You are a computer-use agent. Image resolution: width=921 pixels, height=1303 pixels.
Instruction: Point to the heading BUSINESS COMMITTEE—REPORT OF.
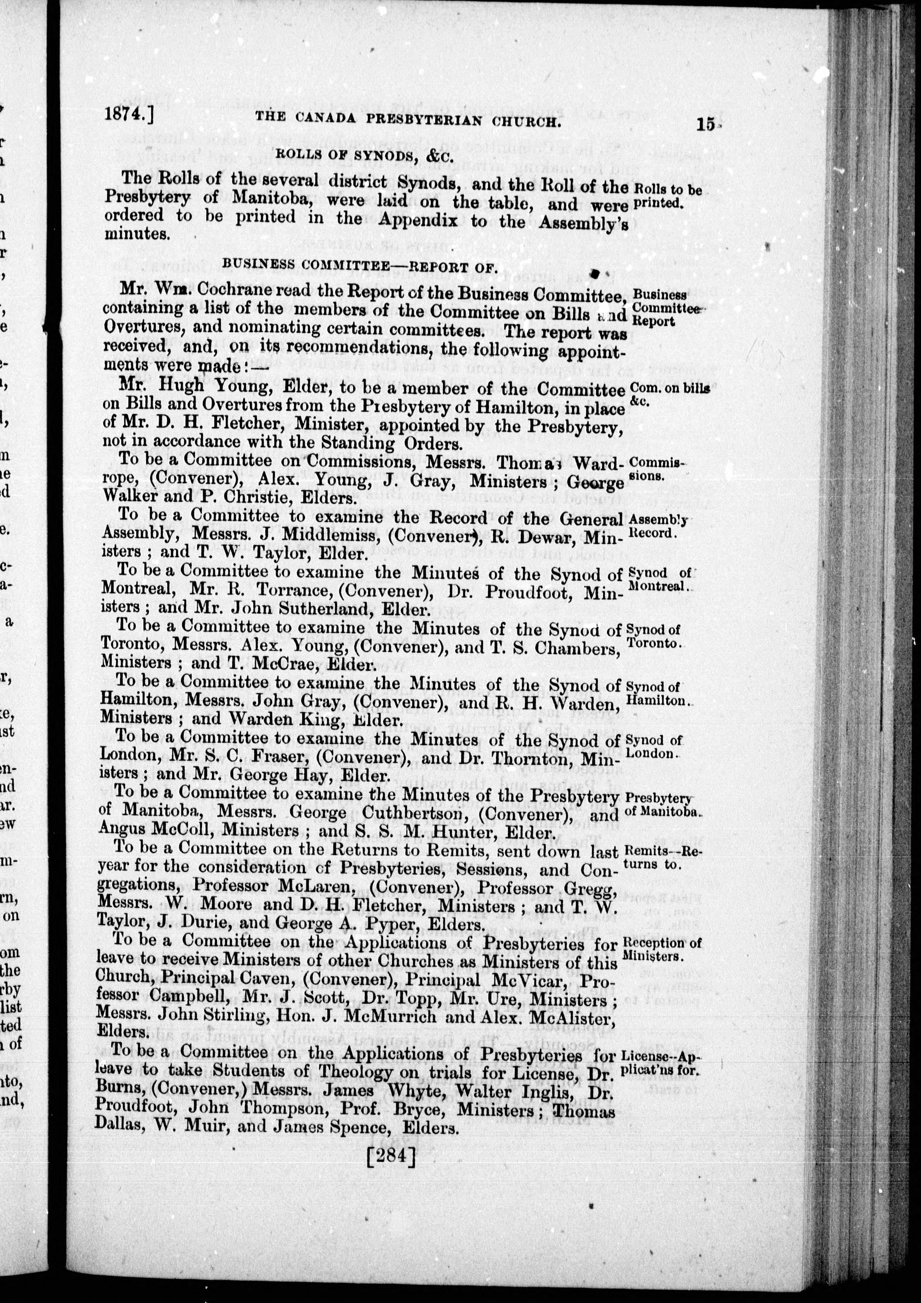pos(360,265)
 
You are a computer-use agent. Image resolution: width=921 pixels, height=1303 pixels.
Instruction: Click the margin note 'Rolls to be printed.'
pos(667,196)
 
